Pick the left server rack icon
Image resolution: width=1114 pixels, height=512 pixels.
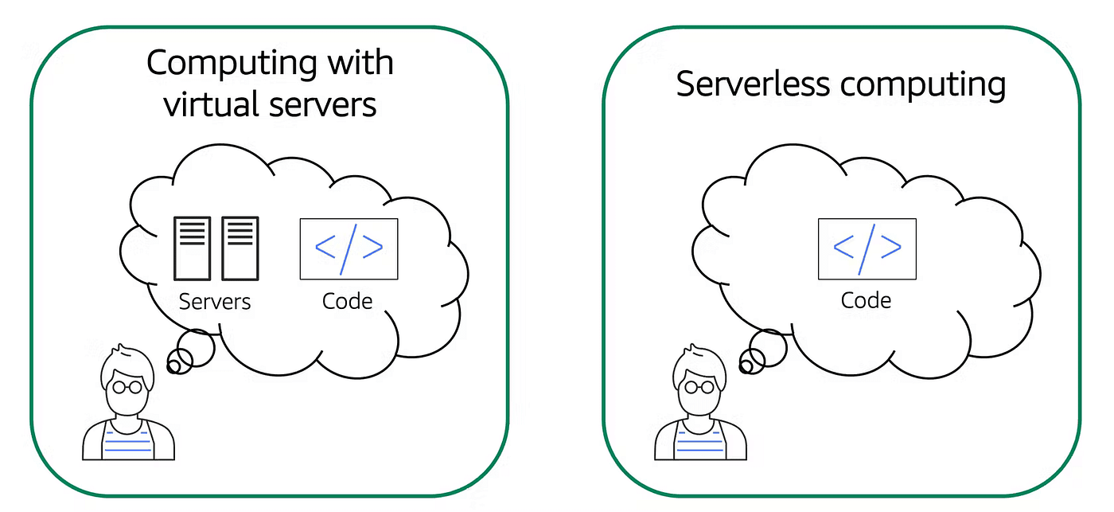coord(192,248)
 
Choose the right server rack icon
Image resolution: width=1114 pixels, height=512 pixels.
coord(240,248)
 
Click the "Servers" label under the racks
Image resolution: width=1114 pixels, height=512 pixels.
coord(215,303)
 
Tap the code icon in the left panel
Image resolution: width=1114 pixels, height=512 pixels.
coord(349,248)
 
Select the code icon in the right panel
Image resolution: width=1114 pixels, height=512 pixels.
coord(867,248)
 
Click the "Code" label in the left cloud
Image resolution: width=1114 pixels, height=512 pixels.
coord(348,301)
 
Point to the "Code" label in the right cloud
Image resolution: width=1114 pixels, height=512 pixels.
coord(866,301)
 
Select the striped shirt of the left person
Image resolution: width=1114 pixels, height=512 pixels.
coord(128,442)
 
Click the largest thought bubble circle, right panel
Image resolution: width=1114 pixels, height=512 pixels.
coord(768,348)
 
